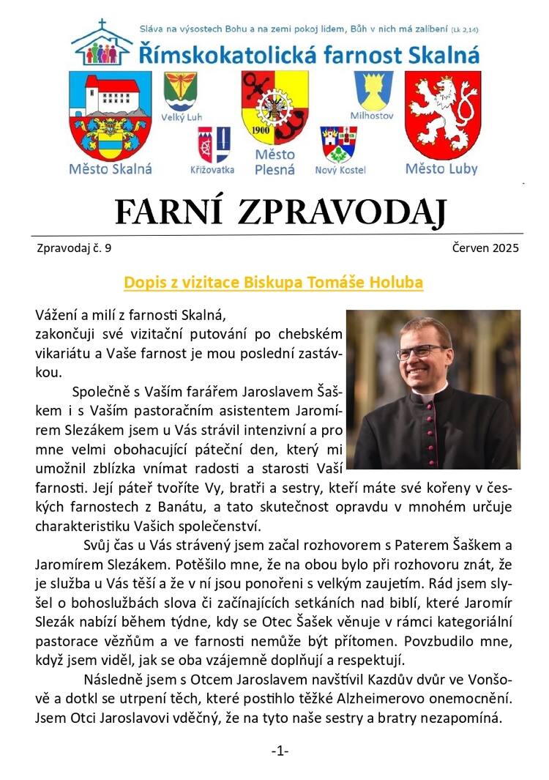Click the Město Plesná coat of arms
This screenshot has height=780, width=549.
point(274,107)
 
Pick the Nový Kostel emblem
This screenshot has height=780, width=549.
point(339,144)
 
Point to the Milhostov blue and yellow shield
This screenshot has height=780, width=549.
point(373,91)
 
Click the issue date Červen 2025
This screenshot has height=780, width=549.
point(485,248)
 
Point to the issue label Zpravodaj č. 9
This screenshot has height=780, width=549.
point(73,248)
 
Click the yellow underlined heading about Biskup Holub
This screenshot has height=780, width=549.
point(274,282)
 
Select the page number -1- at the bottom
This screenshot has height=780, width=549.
point(280,751)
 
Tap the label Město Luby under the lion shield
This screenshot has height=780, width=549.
point(441,169)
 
